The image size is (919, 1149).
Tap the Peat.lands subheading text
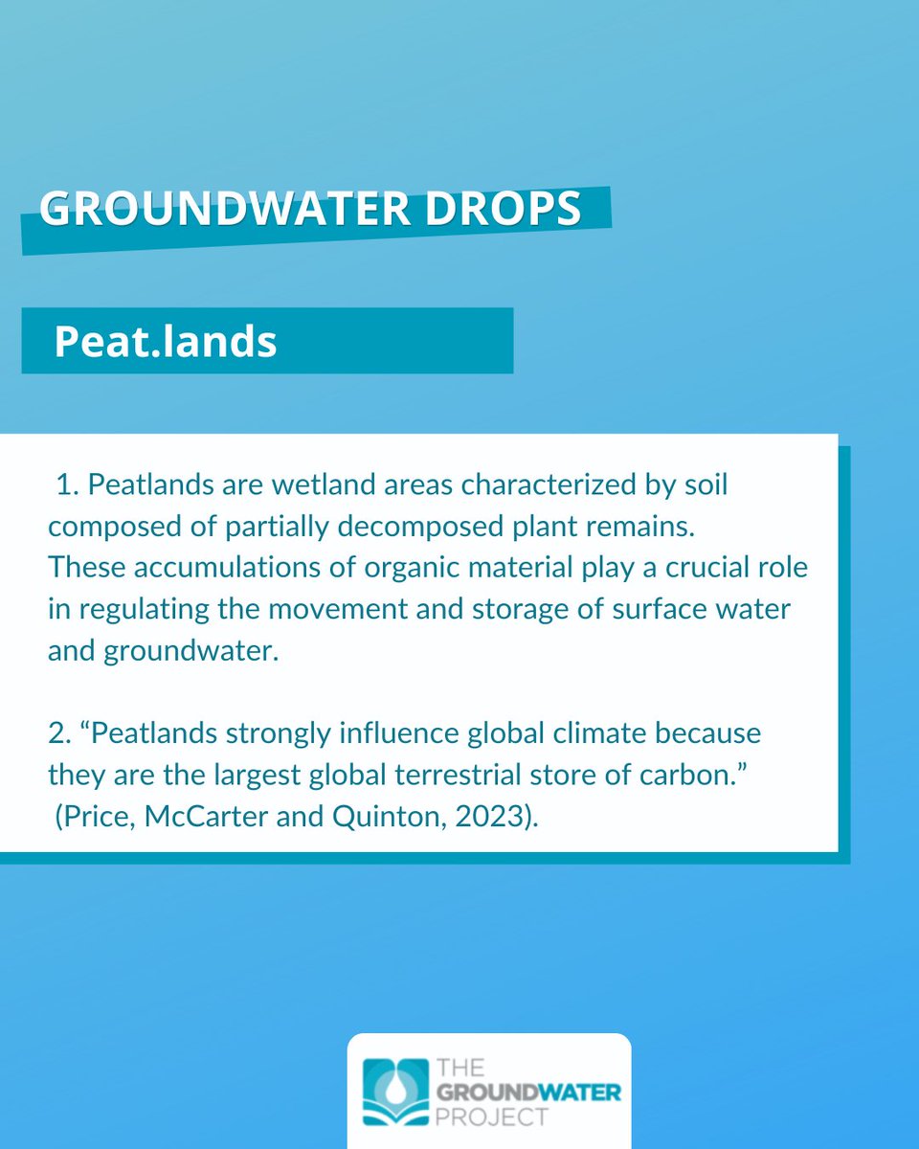click(x=165, y=342)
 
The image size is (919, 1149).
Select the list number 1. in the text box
click(x=68, y=484)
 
